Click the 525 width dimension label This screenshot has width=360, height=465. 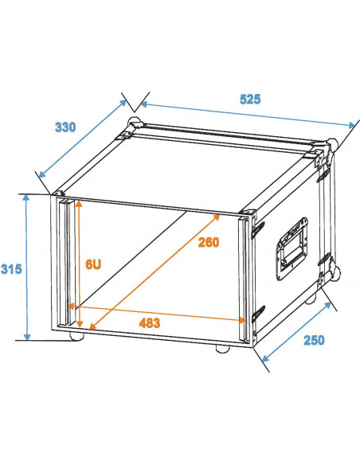[250, 100]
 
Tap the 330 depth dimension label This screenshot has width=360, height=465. [65, 127]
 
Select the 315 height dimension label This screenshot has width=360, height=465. [11, 269]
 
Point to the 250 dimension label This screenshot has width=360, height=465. [314, 340]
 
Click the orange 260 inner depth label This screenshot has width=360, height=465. [209, 242]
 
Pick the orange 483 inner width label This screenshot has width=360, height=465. [150, 323]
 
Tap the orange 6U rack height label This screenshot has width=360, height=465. [93, 264]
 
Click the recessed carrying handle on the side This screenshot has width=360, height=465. [292, 249]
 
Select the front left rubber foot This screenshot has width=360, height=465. [76, 337]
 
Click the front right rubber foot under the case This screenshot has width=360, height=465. [222, 349]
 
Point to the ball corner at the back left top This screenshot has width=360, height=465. [134, 123]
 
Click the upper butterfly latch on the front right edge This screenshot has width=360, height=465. [258, 229]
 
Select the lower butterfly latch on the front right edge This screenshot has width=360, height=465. [258, 315]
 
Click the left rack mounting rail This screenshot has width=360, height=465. [65, 264]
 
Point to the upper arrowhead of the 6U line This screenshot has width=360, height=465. [79, 204]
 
